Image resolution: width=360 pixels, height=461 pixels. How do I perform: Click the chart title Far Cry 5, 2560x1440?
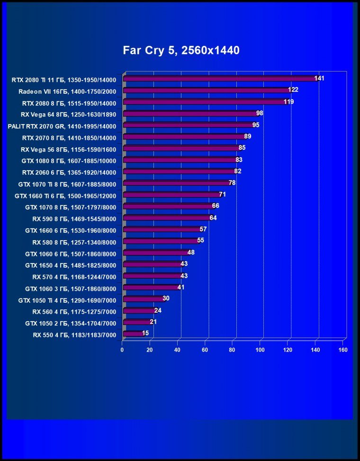click(x=181, y=50)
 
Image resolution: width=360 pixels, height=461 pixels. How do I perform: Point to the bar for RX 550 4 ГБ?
click(x=133, y=334)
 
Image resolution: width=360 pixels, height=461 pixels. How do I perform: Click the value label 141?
click(x=319, y=78)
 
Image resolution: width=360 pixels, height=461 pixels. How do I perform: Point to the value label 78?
click(x=232, y=182)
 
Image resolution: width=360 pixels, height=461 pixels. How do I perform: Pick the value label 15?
click(x=145, y=333)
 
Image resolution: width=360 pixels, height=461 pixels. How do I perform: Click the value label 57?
click(x=203, y=229)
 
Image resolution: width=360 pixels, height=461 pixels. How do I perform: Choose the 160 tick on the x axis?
click(x=343, y=350)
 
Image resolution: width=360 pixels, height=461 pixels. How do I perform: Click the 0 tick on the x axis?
click(x=122, y=350)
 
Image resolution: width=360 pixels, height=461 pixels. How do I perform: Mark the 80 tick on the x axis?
click(x=233, y=350)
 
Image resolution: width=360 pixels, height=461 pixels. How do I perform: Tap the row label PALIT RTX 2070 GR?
click(x=62, y=125)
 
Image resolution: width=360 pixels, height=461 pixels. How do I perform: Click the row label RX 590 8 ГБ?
click(x=74, y=218)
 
